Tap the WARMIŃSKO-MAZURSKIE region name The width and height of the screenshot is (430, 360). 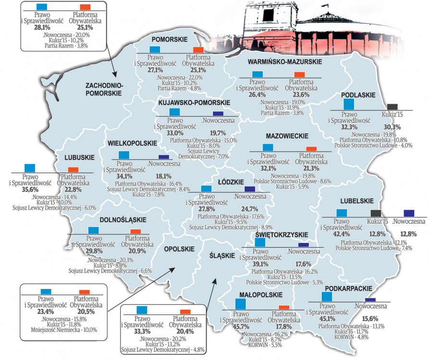coord(285,63)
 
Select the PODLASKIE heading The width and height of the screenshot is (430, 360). coord(358,95)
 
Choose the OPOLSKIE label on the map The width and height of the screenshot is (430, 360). coord(179,249)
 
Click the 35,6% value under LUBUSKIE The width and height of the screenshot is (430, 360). coord(30,190)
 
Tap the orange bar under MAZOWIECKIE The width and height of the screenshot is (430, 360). coord(311,149)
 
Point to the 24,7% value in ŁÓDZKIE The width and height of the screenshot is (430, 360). coord(250,209)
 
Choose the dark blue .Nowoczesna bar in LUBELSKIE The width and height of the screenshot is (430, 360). coord(409,213)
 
